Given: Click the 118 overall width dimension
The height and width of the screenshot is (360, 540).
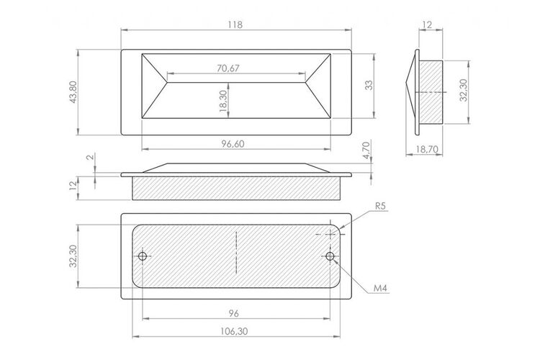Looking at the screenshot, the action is [x=235, y=24].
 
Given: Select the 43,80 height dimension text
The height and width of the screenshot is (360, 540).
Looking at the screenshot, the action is [x=73, y=92].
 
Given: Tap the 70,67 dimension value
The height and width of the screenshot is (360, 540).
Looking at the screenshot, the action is [x=228, y=68].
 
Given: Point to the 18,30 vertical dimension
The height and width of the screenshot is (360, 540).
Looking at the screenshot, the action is [x=222, y=101].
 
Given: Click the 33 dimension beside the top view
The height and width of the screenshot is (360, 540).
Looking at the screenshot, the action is [x=369, y=85].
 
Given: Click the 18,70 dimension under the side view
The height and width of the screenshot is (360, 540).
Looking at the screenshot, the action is [x=427, y=149].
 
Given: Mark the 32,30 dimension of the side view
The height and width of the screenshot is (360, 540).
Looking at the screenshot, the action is [x=464, y=90].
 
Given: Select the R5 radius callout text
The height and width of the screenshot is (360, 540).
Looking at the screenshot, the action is [x=381, y=206].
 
